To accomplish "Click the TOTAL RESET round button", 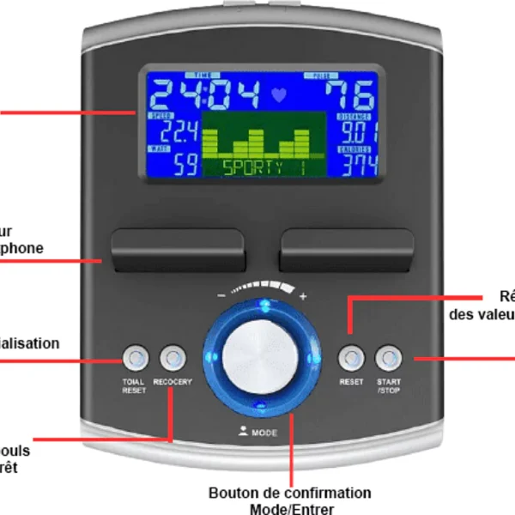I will pyautogui.click(x=135, y=356).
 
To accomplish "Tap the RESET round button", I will pyautogui.click(x=350, y=356).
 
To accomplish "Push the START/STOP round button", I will pyautogui.click(x=389, y=356).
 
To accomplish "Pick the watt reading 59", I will pyautogui.click(x=184, y=164).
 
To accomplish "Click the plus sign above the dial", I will pyautogui.click(x=302, y=296).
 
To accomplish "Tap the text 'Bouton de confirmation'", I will pyautogui.click(x=290, y=493).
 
